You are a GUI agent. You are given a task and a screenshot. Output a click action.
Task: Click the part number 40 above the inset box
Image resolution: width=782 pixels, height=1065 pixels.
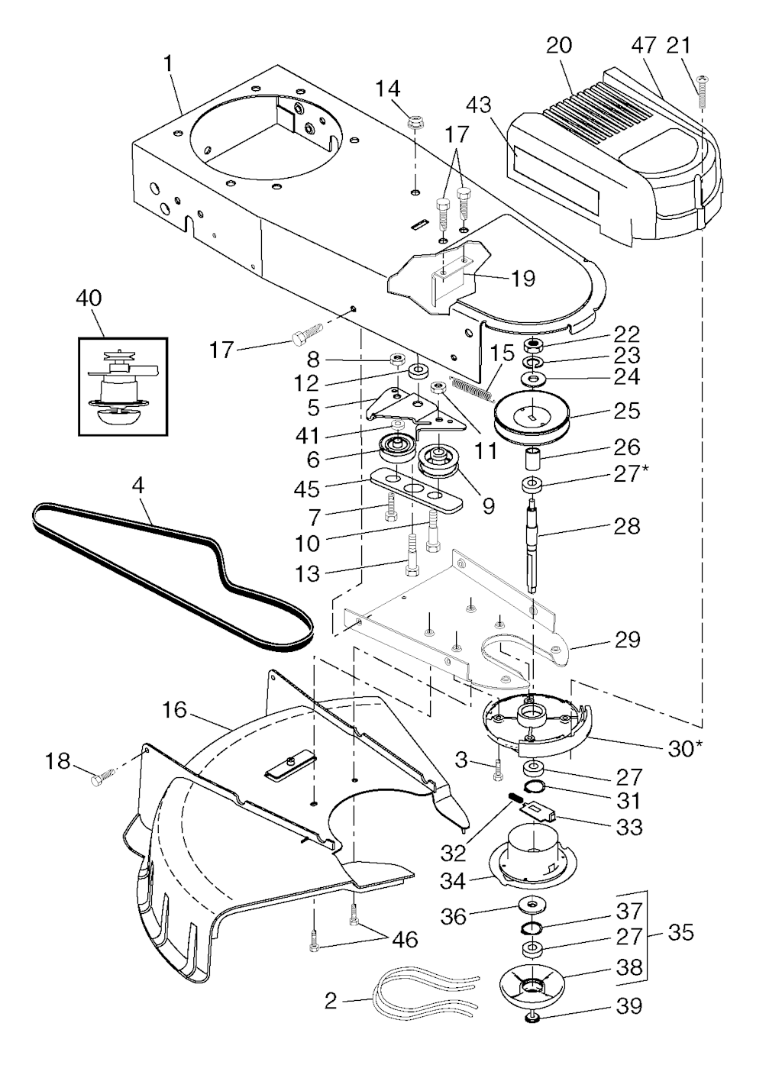click(89, 299)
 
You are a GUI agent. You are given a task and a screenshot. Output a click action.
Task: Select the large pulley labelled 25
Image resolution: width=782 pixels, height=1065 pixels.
click(532, 419)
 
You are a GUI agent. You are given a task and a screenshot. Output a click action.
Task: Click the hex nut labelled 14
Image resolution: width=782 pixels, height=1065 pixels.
click(416, 121)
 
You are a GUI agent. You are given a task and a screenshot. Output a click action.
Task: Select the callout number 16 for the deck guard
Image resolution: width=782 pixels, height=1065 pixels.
click(174, 710)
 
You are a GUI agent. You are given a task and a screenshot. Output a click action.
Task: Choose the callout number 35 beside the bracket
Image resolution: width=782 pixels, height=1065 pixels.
click(680, 933)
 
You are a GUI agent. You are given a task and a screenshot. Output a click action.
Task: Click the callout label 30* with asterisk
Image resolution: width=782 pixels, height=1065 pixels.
click(685, 749)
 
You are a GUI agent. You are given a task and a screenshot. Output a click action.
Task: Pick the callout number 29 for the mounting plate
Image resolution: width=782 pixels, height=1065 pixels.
click(627, 639)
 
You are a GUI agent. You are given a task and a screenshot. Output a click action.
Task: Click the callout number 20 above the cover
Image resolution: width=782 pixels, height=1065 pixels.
click(558, 45)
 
